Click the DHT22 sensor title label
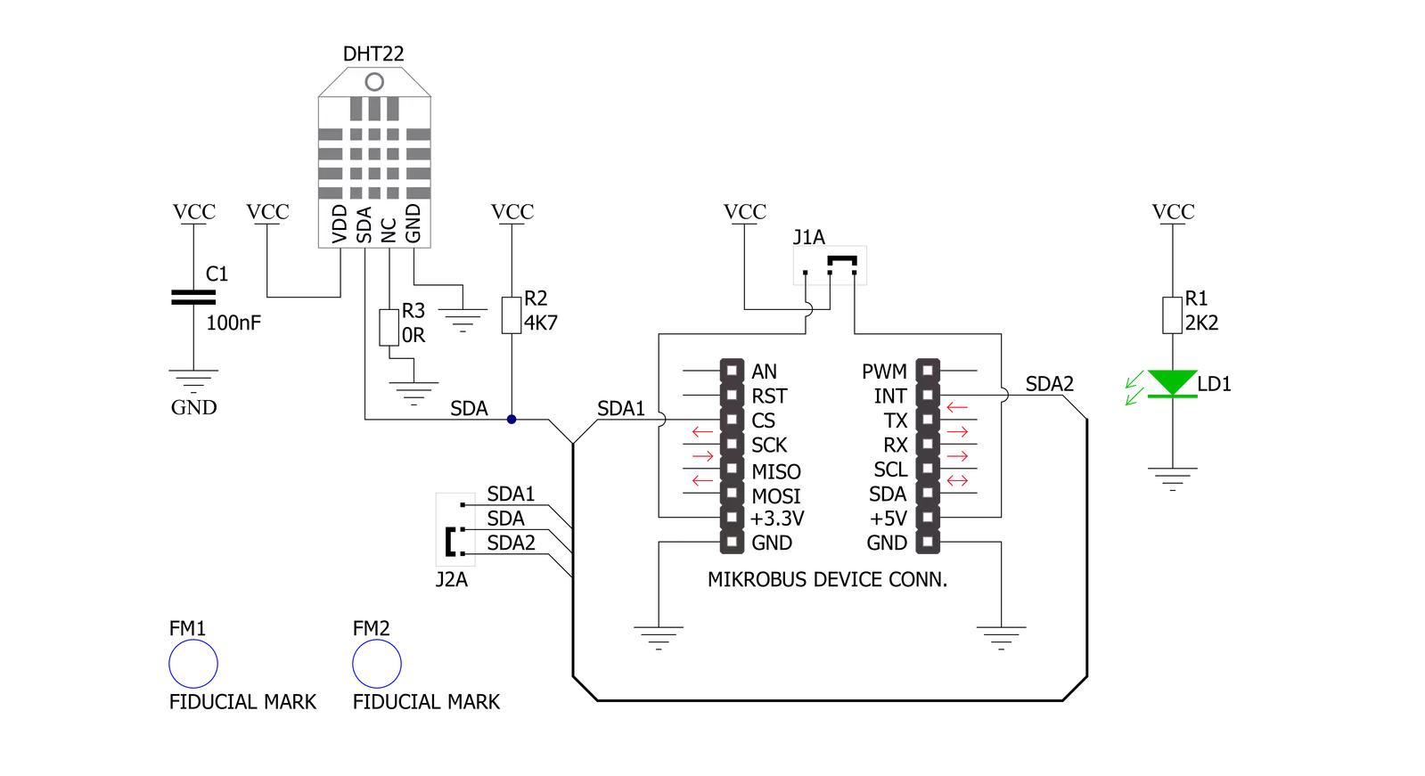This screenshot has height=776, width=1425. click(373, 54)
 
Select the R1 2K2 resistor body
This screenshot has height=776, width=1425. click(1173, 314)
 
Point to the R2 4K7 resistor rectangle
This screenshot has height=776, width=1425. click(512, 314)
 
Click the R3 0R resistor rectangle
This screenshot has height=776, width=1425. click(389, 328)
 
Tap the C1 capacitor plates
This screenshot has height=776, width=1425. click(193, 297)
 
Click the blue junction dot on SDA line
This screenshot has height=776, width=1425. click(512, 419)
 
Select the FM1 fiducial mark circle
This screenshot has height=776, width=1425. click(193, 640)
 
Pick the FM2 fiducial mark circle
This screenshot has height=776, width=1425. click(377, 640)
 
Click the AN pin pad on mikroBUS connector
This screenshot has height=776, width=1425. click(733, 371)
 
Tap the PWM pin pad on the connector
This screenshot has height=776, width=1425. click(928, 371)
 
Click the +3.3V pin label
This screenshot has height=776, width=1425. click(777, 519)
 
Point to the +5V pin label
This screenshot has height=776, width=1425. click(889, 519)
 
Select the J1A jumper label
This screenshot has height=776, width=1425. click(808, 237)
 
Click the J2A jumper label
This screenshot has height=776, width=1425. click(452, 579)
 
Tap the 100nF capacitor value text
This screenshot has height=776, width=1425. click(233, 323)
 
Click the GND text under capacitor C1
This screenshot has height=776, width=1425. click(194, 407)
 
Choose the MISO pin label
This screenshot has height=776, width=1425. click(776, 471)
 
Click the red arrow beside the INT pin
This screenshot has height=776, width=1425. click(957, 407)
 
